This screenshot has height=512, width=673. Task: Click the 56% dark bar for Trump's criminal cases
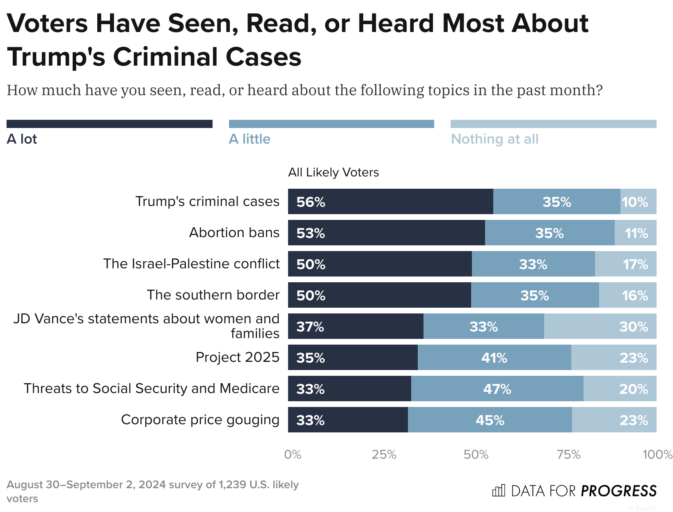390,201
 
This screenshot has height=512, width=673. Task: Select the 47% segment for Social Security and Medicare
497,389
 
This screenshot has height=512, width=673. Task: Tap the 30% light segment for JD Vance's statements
600,326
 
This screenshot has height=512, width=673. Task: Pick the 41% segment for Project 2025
494,357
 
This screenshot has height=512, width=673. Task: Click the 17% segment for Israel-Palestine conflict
625,264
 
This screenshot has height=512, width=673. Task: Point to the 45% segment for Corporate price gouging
490,420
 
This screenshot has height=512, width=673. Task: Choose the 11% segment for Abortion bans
635,233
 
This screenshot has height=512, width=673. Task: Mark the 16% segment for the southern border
627,295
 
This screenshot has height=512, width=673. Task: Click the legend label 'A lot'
22,139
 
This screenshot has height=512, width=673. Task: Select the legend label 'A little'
250,139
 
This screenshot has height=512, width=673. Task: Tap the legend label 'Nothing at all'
494,139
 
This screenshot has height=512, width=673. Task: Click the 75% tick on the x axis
568,455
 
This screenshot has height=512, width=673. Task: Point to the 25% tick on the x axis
384,455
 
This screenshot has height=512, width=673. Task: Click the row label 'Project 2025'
237,357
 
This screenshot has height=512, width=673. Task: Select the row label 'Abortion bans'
234,233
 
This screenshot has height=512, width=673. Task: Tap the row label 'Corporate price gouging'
200,420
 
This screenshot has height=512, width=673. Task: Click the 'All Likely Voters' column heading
333,172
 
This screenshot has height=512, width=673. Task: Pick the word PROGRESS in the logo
618,491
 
